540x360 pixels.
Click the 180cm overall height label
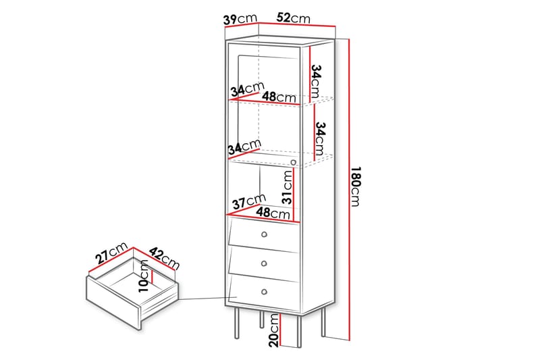pos(356,186)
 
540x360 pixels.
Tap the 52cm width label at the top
pos(293,18)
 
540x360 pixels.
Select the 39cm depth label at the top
pos(240,19)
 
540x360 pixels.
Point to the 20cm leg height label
pos(275,330)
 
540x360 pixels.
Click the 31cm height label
pos(288,186)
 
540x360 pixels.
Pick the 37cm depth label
pos(249,201)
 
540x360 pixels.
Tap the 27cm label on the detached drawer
pos(111,253)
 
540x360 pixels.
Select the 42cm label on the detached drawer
pos(164,259)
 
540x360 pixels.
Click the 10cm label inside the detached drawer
pos(144,276)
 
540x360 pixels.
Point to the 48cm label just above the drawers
pos(273,213)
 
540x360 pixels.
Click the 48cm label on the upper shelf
pos(279,97)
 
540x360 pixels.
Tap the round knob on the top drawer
pos(264,234)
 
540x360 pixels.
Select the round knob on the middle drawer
pos(264,263)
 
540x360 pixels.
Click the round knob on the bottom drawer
pos(264,292)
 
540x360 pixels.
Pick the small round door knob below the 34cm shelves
pos(294,162)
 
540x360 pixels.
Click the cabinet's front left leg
pos(237,323)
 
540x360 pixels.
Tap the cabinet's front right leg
pos(299,331)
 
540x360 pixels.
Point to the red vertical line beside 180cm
pos(349,190)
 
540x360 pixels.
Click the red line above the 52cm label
pos(297,24)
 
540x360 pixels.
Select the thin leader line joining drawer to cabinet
pos(208,299)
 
